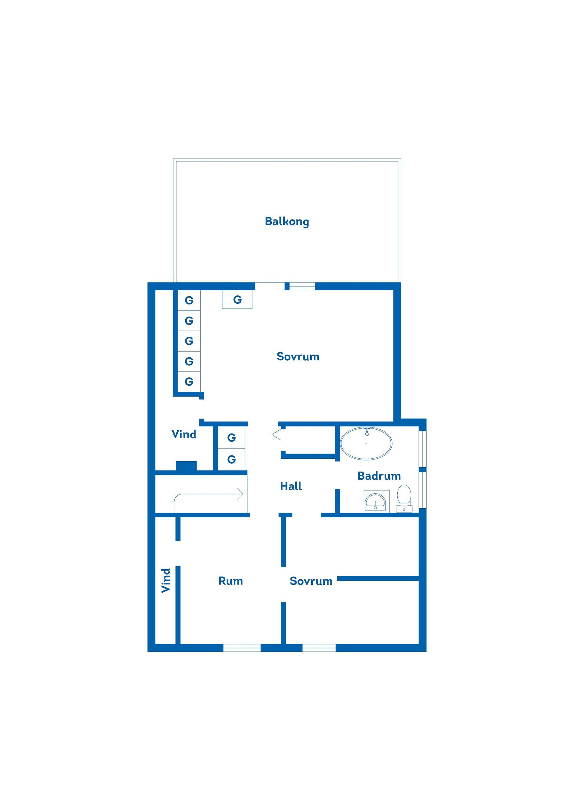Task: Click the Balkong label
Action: coord(287,222)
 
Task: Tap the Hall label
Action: coord(291,486)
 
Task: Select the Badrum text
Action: coord(379,476)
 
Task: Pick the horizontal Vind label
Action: coord(184,434)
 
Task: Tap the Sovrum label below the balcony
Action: coord(298,356)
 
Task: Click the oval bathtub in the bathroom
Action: coord(366,443)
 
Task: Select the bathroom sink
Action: coord(376,501)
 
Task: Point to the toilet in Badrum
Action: coord(404,498)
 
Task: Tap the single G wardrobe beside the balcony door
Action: coord(237,300)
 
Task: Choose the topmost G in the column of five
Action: coord(189,300)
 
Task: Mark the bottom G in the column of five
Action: coord(189,381)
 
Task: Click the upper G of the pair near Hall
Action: coord(231,438)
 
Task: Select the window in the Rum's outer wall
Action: coord(242,648)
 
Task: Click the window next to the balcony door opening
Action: coord(302,286)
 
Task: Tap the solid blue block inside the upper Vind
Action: coord(186,466)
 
